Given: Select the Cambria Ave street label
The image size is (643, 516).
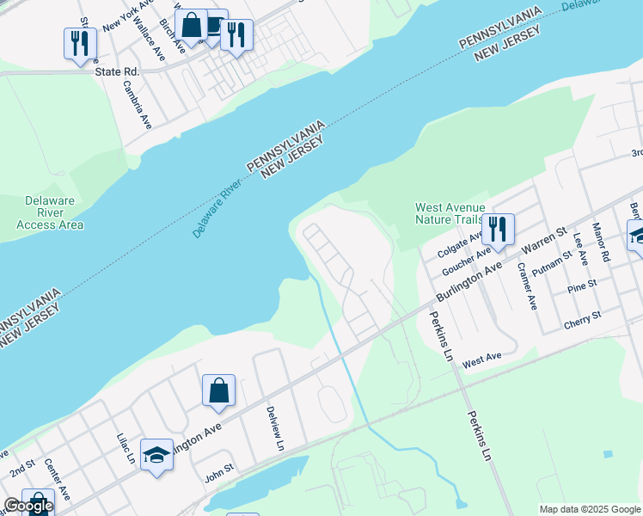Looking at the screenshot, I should [x=137, y=105].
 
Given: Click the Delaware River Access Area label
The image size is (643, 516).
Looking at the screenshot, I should [x=50, y=212].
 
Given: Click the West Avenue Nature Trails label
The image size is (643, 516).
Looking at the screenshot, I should [x=450, y=213].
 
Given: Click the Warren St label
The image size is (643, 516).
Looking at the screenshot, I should [x=548, y=243].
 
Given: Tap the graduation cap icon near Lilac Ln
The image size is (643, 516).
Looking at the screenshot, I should [x=156, y=455].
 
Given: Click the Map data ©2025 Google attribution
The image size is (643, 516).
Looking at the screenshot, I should [x=590, y=509].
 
